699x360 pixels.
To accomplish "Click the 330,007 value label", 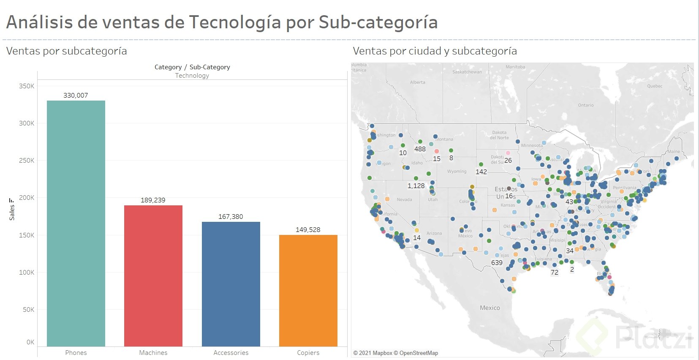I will pos(76,95).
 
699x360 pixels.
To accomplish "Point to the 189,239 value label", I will pos(153,200).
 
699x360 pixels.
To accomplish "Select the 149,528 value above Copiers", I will pos(308,230).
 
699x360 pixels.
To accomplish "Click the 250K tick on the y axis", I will pos(27,161).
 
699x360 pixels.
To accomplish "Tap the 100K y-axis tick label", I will pos(27,273).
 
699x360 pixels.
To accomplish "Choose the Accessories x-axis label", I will pos(231,353).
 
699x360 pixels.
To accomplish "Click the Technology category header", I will pos(192,76).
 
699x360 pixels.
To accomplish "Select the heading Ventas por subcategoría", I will pos(67,51).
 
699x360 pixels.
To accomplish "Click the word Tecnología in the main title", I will pos(235,22).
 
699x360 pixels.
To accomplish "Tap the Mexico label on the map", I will pos(490,308).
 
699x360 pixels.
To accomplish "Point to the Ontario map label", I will pos(586,105).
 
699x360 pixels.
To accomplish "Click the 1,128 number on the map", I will pos(416,186).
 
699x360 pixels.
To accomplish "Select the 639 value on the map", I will pos(497,263).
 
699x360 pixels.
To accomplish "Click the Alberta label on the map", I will pos(418,82).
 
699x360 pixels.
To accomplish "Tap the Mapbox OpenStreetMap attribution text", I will pos(396,353).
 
